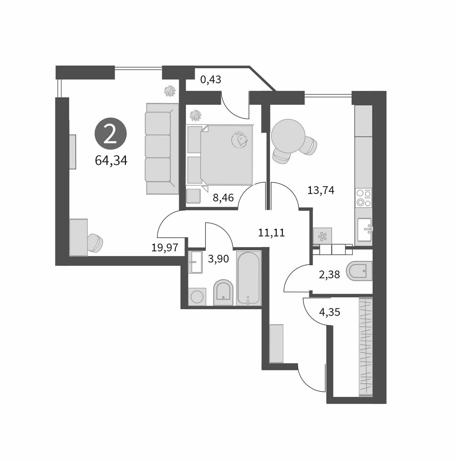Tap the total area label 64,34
(111, 160)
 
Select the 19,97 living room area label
(165, 247)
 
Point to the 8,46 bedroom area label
(223, 198)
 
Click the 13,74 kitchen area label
(321, 190)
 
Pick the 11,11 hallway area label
(271, 233)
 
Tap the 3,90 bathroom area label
(218, 259)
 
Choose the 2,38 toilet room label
(330, 274)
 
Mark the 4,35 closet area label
(330, 312)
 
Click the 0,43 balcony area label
(211, 80)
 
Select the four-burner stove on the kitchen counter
(364, 198)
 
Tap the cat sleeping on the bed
(240, 140)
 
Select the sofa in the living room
(162, 149)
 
